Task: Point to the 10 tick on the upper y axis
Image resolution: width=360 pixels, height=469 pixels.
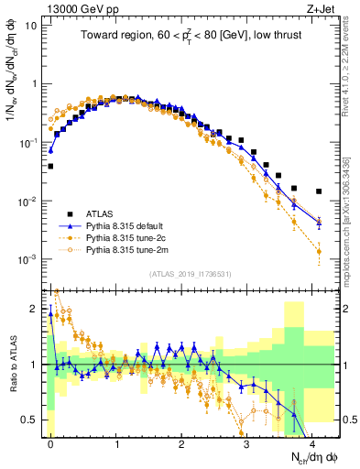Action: click(30, 25)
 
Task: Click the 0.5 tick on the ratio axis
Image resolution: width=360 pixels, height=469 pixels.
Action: click(29, 420)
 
